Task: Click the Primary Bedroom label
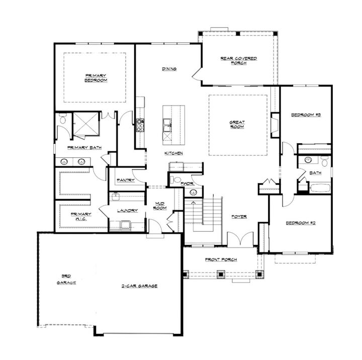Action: click(96, 78)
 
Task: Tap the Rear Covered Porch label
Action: click(238, 60)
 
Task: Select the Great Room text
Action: click(237, 124)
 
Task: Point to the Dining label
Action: click(169, 69)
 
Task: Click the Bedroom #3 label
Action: click(306, 115)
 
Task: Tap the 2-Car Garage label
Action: click(139, 286)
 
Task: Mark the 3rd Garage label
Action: click(66, 279)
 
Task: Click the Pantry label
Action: click(125, 180)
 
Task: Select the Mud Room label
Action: click(159, 205)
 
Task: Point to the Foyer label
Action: click(239, 217)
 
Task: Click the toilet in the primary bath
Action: click(63, 120)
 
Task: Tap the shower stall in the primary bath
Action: click(86, 124)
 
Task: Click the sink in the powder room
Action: click(194, 192)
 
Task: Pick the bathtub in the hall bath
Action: click(320, 188)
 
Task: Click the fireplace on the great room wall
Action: click(274, 124)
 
